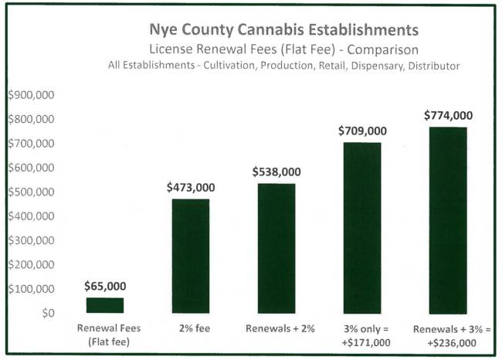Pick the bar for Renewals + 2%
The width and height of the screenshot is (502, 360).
pyautogui.click(x=276, y=248)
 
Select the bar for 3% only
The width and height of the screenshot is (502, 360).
pyautogui.click(x=362, y=227)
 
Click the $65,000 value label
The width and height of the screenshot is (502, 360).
pyautogui.click(x=105, y=287)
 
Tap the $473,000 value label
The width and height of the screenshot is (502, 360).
pyautogui.click(x=191, y=188)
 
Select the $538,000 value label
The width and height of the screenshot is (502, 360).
pyautogui.click(x=276, y=172)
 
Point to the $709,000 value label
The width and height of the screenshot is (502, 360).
pyautogui.click(x=362, y=131)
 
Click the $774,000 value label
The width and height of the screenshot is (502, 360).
pyautogui.click(x=448, y=116)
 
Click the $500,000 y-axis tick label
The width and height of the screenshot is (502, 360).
pyautogui.click(x=31, y=192)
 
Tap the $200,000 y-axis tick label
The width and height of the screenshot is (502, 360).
pyautogui.click(x=31, y=265)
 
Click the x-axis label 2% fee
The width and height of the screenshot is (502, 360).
pyautogui.click(x=191, y=328)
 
